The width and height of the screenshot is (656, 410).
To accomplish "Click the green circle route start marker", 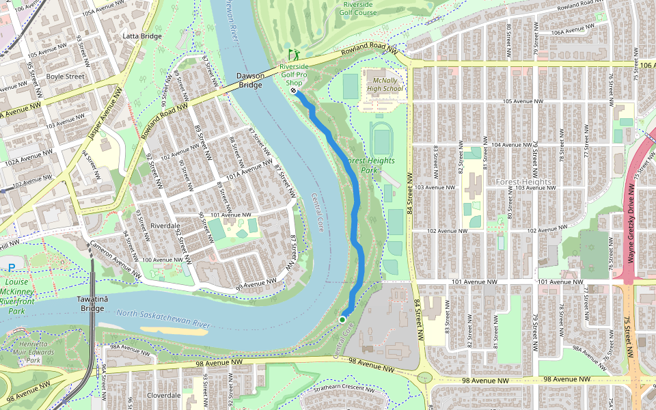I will click(342, 319).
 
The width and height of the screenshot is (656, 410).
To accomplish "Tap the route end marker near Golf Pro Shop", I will click(293, 91).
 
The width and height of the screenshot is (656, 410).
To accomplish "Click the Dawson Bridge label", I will click(249, 80).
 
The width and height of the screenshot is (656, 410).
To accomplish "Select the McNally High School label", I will click(385, 84).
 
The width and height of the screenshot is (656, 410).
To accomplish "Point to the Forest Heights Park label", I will click(369, 165).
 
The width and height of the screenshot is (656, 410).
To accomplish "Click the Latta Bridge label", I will click(141, 36).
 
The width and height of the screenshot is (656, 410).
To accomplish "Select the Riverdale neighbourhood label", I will click(165, 225).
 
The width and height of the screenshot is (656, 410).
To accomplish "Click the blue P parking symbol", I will click(12, 267).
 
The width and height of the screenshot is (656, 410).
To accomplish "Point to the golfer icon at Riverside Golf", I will click(294, 53).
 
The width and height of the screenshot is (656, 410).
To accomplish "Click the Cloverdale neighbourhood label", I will click(164, 395).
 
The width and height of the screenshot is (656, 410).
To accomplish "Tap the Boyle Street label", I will click(65, 77).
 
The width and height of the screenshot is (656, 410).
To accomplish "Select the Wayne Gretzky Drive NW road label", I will click(631, 222).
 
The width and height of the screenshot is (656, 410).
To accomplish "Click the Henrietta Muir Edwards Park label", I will click(38, 352).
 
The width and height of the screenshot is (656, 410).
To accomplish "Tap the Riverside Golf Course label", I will click(359, 8).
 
